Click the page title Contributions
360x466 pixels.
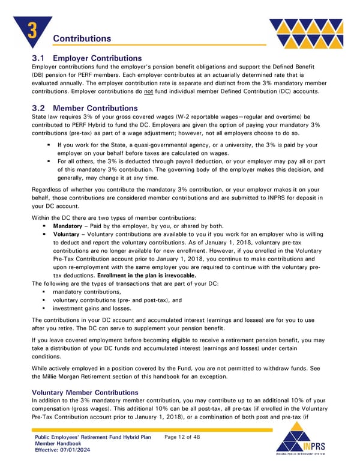(x=82, y=38)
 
